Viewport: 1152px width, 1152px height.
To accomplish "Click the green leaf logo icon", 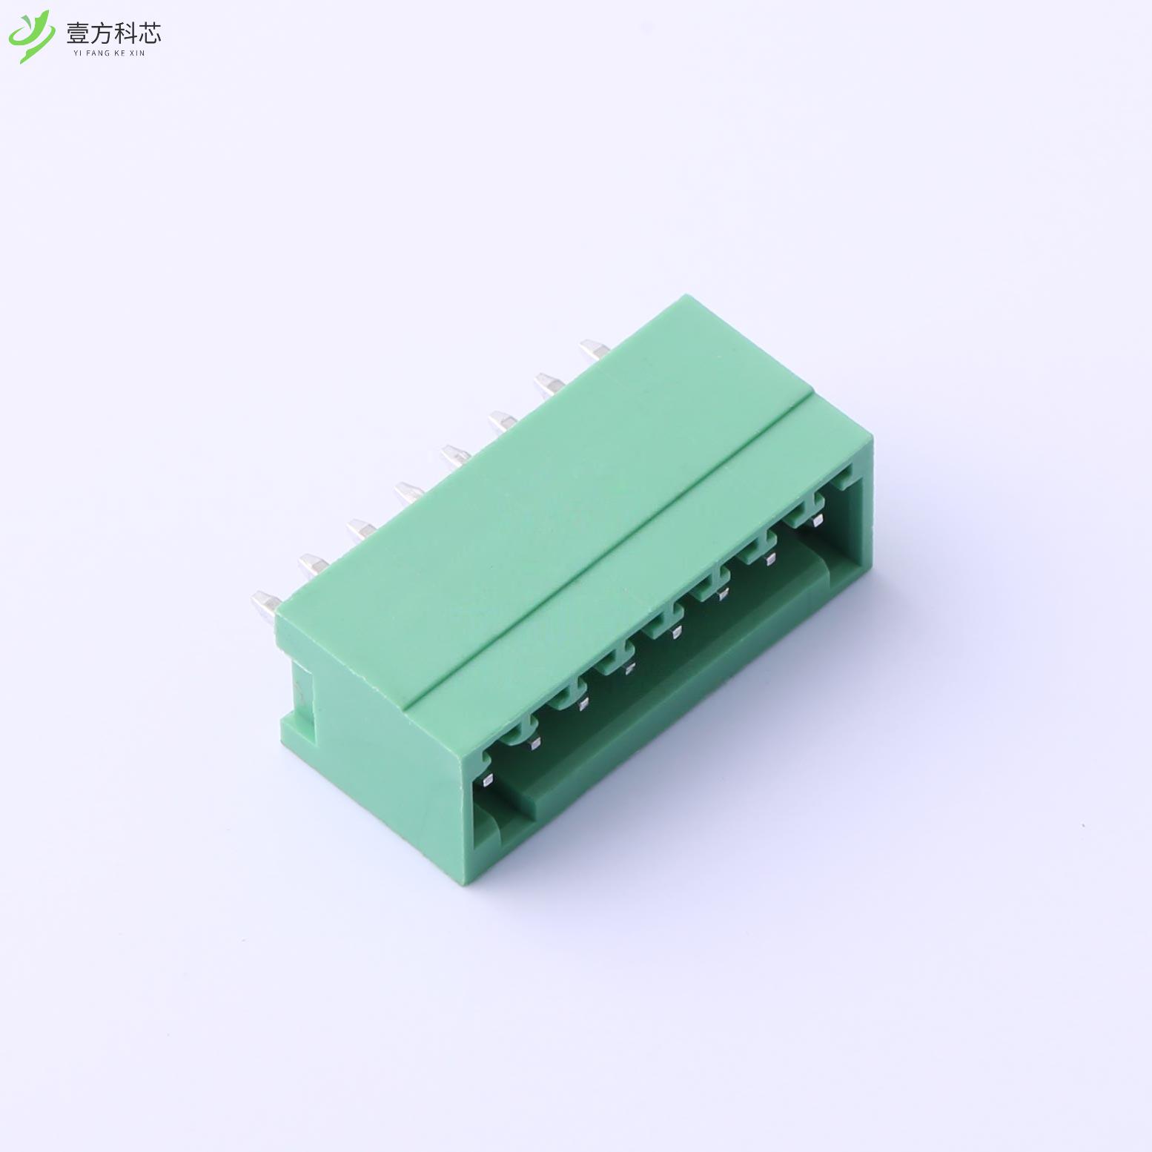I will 31,35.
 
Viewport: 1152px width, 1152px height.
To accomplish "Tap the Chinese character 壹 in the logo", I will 78,33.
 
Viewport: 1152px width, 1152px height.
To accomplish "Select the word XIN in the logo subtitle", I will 137,53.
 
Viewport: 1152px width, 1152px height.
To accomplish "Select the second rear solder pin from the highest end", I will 548,384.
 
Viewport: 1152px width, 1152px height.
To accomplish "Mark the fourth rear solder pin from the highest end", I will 455,452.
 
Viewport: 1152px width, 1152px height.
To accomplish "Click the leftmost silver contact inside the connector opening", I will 487,779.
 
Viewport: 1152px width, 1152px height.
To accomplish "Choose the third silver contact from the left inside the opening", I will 582,703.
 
